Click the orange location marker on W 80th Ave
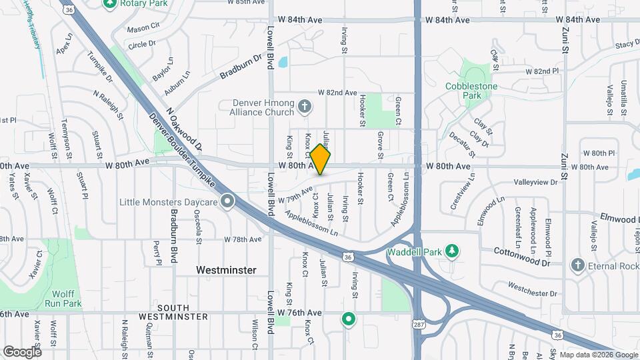tap(321, 159)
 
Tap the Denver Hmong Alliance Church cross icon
tap(305, 107)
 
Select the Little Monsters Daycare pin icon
tap(228, 201)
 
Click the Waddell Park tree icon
tap(453, 251)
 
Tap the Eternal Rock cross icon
tap(577, 266)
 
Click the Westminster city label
tap(227, 270)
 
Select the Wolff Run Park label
tap(63, 298)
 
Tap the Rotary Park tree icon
tap(111, 4)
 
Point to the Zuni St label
tap(564, 40)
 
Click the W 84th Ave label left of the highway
tap(305, 20)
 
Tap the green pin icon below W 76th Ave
tap(347, 320)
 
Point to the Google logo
tap(22, 351)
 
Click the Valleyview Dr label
tap(535, 182)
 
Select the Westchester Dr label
tap(532, 289)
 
